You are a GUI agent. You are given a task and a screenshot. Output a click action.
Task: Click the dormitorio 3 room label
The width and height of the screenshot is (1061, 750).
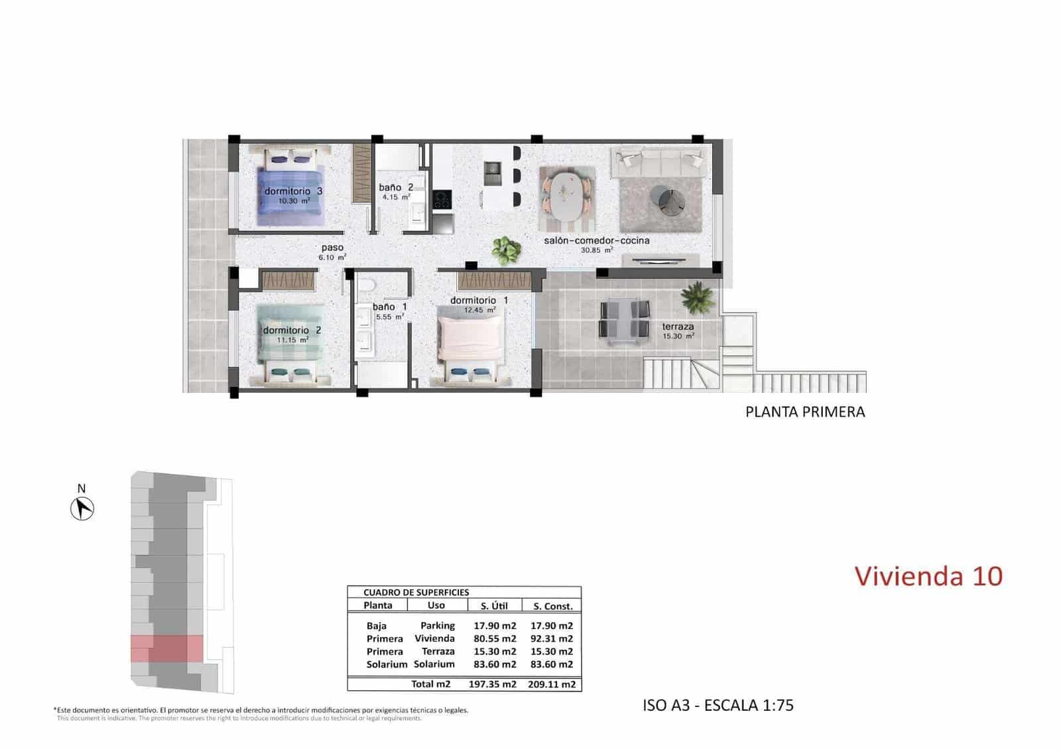coord(293,191)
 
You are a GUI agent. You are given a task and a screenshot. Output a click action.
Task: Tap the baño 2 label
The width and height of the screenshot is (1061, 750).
coord(396,188)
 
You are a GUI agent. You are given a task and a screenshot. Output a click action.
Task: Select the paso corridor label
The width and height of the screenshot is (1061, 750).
coord(332,248)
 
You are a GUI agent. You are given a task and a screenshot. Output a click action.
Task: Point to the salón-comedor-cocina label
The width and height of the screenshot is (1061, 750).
coord(596,240)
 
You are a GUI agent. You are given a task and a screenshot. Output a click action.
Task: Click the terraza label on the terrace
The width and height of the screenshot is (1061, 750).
coord(678,327)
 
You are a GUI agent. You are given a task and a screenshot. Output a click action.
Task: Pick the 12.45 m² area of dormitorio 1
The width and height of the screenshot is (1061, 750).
coord(479,310)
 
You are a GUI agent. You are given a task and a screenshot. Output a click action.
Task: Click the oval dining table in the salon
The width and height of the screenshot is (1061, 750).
coord(567,195)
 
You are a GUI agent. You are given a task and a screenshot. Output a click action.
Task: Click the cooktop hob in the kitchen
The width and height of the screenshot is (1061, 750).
coord(442,199)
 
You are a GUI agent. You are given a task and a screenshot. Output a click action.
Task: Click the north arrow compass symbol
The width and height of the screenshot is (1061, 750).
coord(82,509)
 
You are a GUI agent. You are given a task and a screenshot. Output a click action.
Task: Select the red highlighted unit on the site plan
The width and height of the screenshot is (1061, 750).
coord(166,648)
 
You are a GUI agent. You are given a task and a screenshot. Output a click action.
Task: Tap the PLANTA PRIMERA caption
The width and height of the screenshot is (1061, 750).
coord(805,412)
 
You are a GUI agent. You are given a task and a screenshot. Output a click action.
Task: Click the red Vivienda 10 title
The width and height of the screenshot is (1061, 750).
coord(928,576)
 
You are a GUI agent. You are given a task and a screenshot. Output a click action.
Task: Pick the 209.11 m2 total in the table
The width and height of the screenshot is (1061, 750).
coord(551,684)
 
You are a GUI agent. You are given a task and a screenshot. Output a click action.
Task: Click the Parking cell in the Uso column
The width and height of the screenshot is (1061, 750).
coord(437,625)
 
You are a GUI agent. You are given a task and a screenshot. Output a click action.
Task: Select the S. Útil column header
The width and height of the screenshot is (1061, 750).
coord(494,605)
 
